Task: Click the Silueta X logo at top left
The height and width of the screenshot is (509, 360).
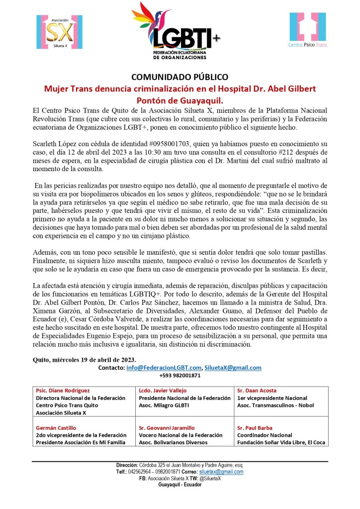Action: coord(55,32)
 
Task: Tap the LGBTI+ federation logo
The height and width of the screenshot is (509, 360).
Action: coord(180,31)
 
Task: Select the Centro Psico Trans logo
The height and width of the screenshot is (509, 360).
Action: coord(308,30)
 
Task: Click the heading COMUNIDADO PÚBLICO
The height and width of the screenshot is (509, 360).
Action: coord(180,77)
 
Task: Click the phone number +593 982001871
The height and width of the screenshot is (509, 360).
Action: coord(180,376)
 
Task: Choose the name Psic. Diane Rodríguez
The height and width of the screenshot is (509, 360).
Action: coord(62,391)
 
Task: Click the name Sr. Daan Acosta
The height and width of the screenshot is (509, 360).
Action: coord(257,391)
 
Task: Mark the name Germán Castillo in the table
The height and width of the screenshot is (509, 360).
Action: coord(56,427)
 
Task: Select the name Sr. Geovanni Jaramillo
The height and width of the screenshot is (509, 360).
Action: coord(167,427)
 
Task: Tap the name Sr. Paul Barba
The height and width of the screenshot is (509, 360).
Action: coord(255,427)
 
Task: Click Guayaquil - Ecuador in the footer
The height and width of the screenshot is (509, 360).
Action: coord(180,484)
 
